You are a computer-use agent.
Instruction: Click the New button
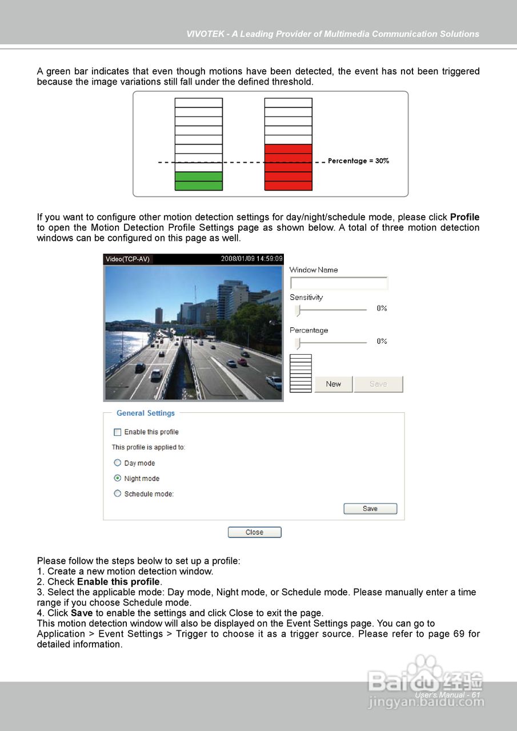(333, 384)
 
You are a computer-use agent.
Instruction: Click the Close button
(254, 532)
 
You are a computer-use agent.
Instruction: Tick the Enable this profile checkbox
(118, 432)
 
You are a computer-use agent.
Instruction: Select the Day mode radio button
(118, 463)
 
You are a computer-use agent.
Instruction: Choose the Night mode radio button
(118, 479)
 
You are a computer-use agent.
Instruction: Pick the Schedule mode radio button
(118, 493)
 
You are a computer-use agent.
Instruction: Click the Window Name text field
(339, 283)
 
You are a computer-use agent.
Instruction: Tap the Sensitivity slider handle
(298, 310)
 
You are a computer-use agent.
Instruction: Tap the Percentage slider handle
(298, 343)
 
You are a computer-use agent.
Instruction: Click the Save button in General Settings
(370, 509)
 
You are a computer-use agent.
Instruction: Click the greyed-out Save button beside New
(378, 384)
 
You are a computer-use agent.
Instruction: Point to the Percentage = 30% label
(358, 161)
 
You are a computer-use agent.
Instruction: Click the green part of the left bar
(198, 180)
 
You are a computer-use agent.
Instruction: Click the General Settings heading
(145, 413)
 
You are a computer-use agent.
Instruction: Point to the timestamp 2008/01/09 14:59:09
(251, 259)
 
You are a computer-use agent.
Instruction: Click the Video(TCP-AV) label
(128, 259)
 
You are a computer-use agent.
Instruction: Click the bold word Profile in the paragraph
(464, 217)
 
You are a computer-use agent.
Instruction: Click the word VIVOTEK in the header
(206, 34)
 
